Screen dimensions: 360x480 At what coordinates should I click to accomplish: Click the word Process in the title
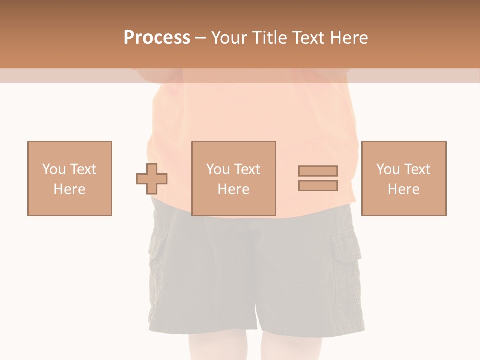point(157,37)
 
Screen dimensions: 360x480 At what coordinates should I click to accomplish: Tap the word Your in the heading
point(229,37)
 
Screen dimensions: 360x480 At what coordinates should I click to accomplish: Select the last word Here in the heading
point(350,37)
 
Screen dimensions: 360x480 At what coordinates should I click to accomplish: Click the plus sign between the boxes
point(152,179)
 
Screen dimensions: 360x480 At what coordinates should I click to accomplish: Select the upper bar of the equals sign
point(318,171)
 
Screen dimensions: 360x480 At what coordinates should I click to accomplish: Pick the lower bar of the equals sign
point(318,185)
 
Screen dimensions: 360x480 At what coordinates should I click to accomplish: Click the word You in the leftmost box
point(53,169)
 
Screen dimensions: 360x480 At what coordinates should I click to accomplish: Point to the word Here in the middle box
point(234,189)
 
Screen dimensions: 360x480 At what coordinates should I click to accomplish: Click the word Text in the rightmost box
point(416,169)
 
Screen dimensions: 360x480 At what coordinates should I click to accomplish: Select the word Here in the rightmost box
point(404,189)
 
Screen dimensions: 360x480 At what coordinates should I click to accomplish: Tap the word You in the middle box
point(218,169)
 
